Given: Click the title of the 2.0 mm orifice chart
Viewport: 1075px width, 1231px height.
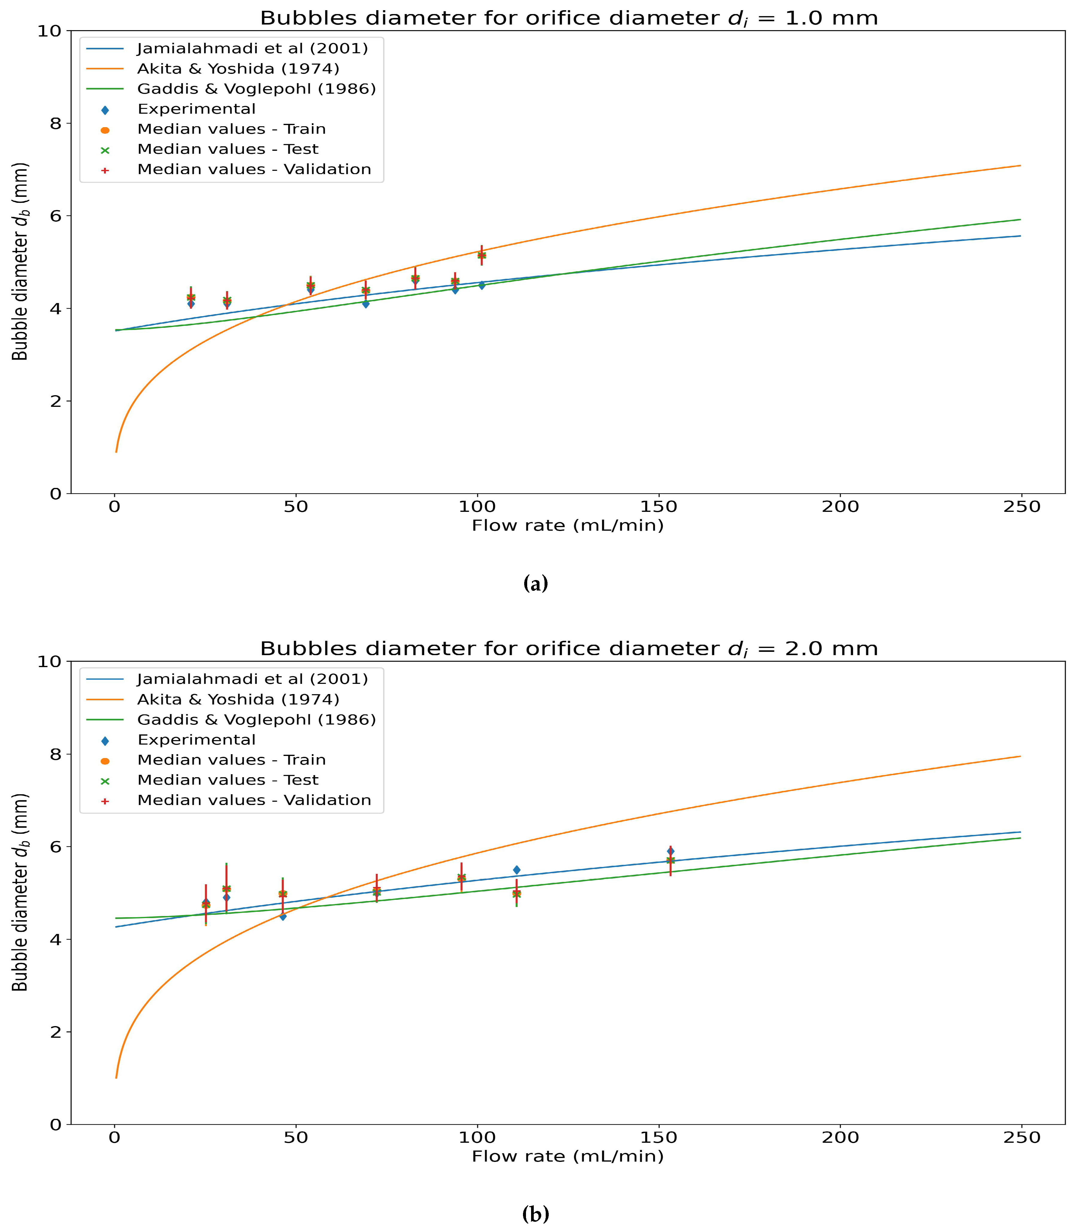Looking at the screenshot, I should tap(568, 649).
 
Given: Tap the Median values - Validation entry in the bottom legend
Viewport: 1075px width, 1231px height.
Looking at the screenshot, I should tap(254, 800).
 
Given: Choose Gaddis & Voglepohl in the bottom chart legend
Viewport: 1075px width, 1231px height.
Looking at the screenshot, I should tap(256, 720).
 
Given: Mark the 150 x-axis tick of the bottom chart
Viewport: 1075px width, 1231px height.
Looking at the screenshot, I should tap(659, 1138).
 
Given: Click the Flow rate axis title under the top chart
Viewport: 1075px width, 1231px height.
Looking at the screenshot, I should tap(568, 526).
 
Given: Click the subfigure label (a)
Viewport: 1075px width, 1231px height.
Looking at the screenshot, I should tap(536, 583).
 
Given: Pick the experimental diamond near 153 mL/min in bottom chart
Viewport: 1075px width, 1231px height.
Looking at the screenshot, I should tap(670, 851).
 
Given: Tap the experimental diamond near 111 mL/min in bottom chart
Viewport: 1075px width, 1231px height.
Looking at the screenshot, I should tap(516, 870).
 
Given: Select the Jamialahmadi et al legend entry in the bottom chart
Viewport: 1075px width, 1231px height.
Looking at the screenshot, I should tap(252, 679).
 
